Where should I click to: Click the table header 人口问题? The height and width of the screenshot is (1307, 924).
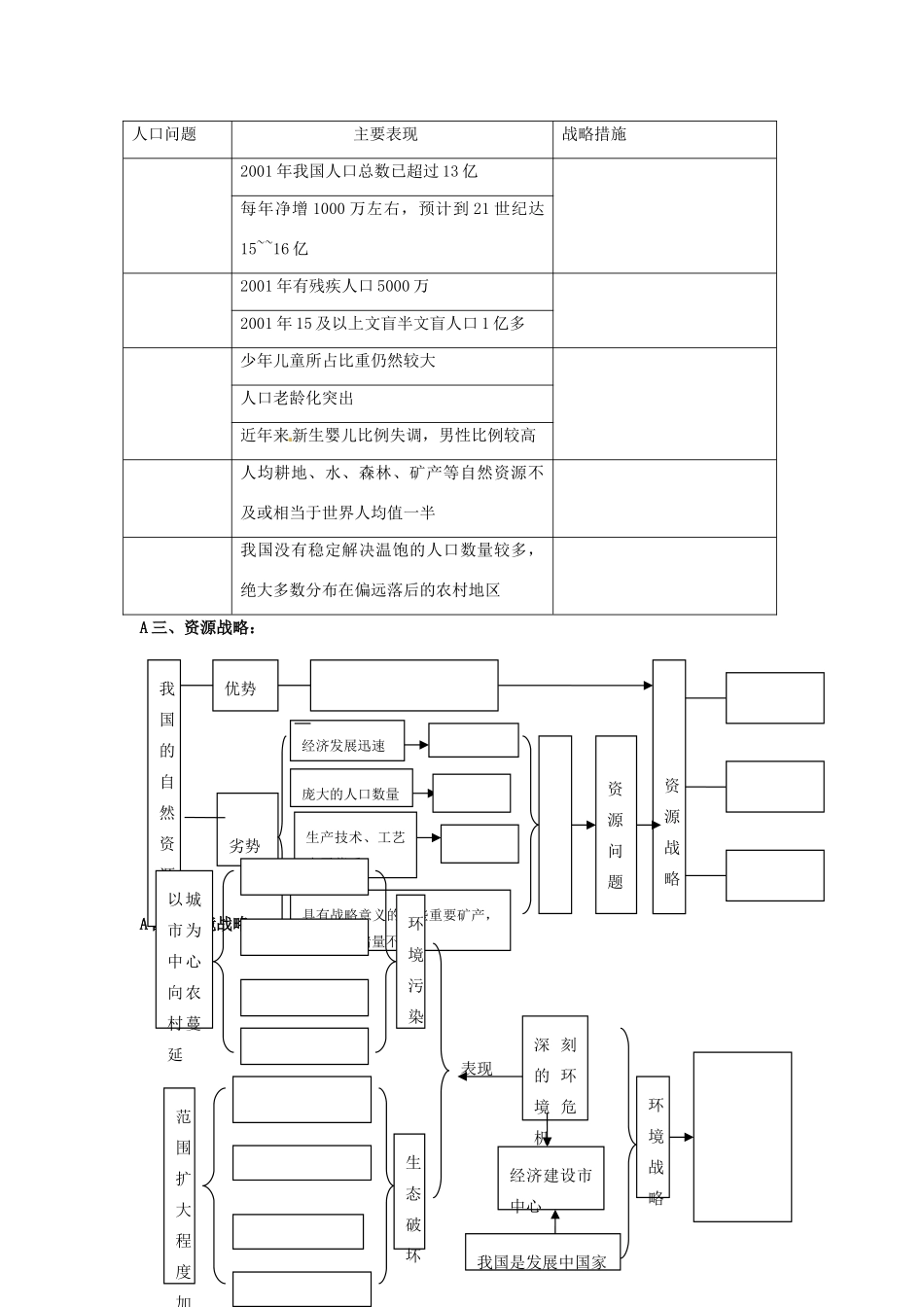(164, 134)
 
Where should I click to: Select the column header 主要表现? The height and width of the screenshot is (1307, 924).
(386, 134)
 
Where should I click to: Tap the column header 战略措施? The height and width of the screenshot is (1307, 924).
(594, 134)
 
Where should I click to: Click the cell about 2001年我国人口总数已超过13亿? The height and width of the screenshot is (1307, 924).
(360, 171)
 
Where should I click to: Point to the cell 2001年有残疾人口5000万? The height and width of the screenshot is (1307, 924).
(336, 286)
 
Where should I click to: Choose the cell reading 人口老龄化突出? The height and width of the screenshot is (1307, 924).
(298, 398)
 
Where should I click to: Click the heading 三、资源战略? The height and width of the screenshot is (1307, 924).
(198, 628)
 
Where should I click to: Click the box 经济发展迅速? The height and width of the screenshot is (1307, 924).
(344, 746)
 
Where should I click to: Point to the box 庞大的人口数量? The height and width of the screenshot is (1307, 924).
(350, 794)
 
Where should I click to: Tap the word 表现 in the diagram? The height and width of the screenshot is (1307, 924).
(478, 1069)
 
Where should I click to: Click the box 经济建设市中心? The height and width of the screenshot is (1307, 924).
(551, 1188)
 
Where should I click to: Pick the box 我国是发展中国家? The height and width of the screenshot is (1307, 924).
(542, 1261)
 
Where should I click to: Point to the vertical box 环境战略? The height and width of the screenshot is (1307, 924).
(657, 1150)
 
